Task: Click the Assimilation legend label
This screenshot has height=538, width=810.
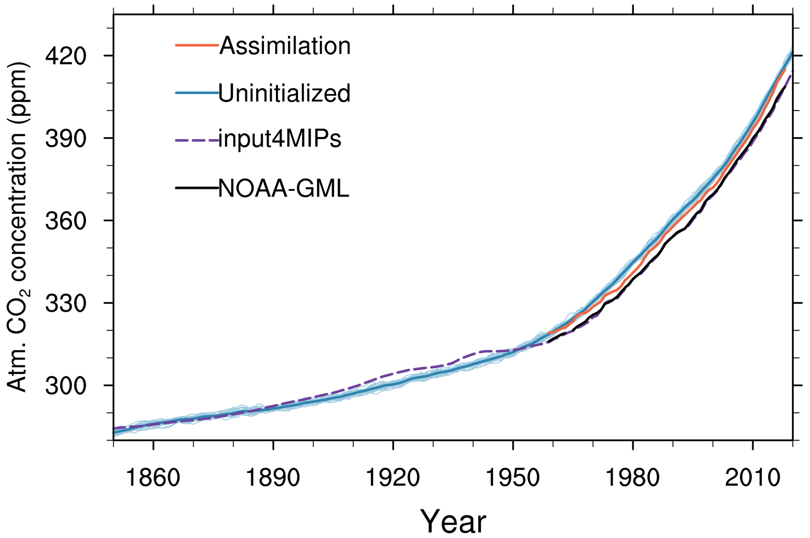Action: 285,46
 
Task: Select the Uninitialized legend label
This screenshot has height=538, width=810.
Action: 284,93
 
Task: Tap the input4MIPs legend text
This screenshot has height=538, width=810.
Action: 280,139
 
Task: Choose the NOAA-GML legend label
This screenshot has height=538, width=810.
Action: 283,188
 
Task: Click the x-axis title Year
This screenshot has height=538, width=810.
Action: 453,521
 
